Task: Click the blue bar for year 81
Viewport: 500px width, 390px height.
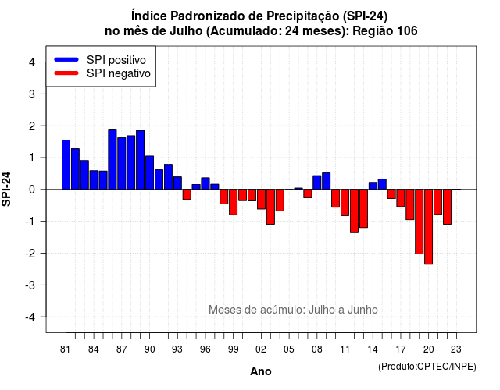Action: click(66, 165)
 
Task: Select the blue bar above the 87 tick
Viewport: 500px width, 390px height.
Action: click(122, 163)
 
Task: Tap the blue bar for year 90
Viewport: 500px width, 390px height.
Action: click(149, 172)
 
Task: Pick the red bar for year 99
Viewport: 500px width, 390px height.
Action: click(233, 202)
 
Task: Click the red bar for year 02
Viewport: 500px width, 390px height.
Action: click(261, 199)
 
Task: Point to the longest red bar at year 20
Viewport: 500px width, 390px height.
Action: click(429, 227)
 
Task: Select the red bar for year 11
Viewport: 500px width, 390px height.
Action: click(345, 203)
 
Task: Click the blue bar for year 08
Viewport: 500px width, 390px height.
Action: click(317, 183)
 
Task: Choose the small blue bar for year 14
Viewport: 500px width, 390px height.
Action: click(373, 186)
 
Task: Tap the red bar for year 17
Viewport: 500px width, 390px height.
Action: click(401, 198)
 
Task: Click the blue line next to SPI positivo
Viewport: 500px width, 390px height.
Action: click(66, 59)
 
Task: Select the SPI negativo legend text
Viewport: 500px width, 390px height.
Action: click(119, 73)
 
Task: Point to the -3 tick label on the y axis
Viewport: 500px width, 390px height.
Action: click(31, 285)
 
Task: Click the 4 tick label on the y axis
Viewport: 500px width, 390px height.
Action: click(32, 62)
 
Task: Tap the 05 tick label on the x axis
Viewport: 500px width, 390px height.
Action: click(289, 349)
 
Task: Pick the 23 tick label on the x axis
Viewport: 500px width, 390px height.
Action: click(456, 349)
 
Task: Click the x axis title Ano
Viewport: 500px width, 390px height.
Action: click(261, 371)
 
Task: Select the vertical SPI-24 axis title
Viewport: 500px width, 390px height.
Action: click(6, 189)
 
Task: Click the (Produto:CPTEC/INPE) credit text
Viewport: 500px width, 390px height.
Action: click(427, 367)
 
